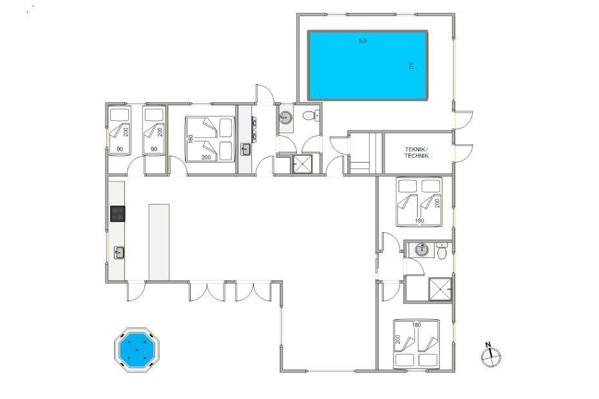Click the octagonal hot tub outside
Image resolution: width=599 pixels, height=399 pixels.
pos(137,349)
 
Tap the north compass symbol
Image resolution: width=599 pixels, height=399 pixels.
pos(491,356)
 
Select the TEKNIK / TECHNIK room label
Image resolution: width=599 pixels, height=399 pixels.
pos(416,153)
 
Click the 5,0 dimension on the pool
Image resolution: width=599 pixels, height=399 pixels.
pos(363,41)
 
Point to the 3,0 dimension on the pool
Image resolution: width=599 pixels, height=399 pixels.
pos(411,65)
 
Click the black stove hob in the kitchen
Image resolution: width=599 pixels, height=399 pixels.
pos(118,214)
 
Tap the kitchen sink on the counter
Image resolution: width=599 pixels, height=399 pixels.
pos(119,252)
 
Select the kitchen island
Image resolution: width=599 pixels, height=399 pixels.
pos(159,243)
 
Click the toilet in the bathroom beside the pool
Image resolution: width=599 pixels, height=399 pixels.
pos(311,115)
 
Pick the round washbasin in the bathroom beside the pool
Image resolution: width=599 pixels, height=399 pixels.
pos(285,117)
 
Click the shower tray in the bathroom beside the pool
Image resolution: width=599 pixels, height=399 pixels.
pos(303,164)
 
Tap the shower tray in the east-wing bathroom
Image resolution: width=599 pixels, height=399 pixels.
pos(440,290)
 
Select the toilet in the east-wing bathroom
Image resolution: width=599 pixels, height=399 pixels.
pos(442,251)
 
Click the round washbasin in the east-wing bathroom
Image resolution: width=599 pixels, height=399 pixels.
pos(422,250)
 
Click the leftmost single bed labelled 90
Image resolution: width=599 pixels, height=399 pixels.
pos(120,131)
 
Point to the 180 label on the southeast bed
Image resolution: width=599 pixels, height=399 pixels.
pos(416,325)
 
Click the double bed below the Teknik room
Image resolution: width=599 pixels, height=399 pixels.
pos(419,202)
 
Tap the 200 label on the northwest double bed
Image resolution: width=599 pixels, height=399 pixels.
pos(206,157)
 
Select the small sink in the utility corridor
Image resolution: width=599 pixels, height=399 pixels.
pos(245,149)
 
